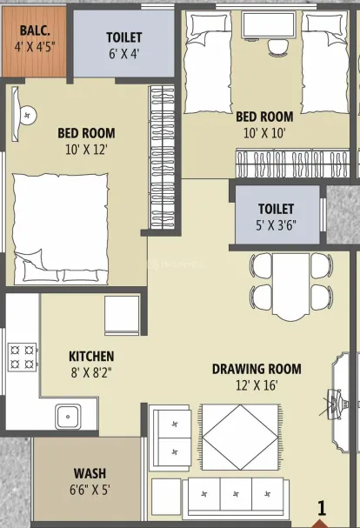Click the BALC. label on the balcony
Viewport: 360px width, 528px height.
[35, 30]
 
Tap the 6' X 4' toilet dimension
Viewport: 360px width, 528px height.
[124, 54]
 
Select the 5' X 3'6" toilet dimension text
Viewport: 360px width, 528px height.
[276, 225]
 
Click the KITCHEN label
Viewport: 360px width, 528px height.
[91, 357]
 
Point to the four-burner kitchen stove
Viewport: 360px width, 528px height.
[23, 357]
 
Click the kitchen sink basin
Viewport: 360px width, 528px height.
[68, 417]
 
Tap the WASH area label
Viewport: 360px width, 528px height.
[90, 473]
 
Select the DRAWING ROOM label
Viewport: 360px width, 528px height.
[257, 369]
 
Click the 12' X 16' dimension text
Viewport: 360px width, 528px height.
[257, 384]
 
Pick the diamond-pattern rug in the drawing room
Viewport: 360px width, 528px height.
[240, 437]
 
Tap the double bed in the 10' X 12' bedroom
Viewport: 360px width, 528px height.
[61, 228]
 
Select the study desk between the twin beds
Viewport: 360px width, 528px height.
[269, 24]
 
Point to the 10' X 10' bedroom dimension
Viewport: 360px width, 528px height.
[264, 133]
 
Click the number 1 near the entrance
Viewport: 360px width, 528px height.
[322, 509]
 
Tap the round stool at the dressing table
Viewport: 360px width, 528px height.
[29, 115]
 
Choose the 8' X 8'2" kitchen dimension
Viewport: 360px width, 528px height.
[91, 372]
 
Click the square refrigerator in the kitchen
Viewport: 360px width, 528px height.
[122, 315]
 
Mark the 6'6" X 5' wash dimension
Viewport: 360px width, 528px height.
[90, 490]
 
